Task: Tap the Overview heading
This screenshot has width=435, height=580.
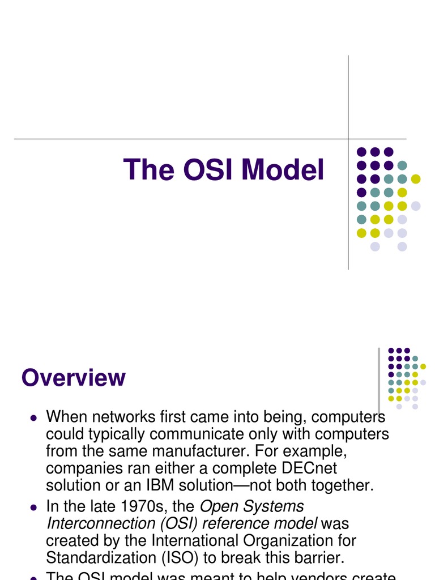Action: pos(74,378)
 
